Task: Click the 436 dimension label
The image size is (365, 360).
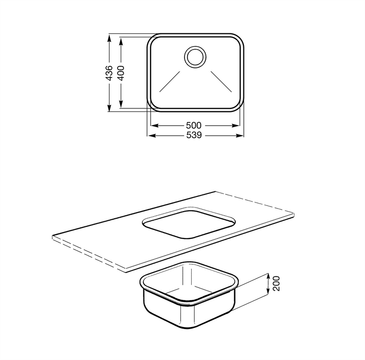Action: [109, 73]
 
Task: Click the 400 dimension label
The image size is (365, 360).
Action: [121, 73]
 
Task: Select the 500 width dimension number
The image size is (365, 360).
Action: [194, 126]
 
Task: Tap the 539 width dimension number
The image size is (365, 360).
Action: [194, 135]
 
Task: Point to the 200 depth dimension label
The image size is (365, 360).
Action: [276, 283]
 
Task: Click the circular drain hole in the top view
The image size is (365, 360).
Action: [195, 57]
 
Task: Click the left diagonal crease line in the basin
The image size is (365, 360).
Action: [170, 82]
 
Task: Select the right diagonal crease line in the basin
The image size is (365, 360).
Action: [221, 82]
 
